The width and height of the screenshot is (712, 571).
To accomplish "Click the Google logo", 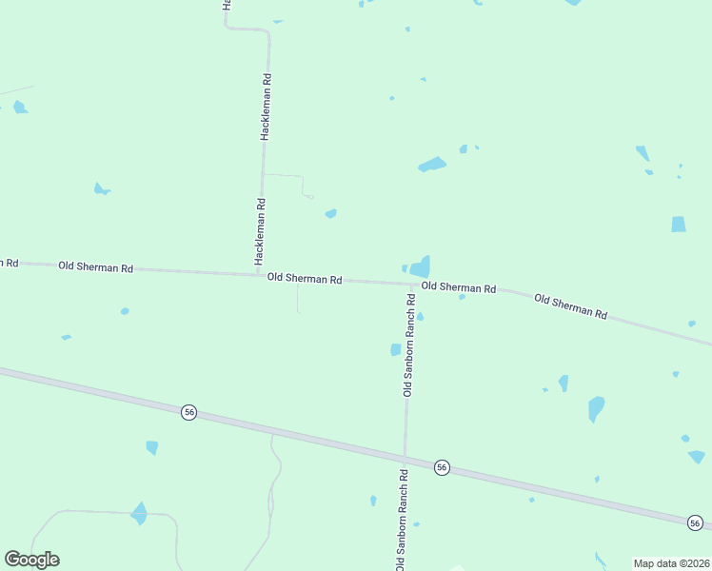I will coord(31,560).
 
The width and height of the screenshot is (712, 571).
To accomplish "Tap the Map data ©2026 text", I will coord(672,562).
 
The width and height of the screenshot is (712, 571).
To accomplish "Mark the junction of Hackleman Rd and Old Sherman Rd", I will coord(259,274).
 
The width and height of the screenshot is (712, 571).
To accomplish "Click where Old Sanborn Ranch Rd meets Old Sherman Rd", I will coord(412,284).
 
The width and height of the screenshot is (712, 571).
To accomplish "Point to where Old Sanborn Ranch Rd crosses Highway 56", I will coord(405,458).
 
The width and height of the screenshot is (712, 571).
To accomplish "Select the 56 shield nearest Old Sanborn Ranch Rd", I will coord(442,467).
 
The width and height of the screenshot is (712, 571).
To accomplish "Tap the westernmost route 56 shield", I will coord(189,412).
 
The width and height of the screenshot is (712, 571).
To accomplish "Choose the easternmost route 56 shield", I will coord(696,522).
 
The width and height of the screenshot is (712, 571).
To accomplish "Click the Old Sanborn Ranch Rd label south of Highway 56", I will coord(403,520).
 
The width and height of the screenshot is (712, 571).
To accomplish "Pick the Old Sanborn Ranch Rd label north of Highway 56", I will coord(409,345).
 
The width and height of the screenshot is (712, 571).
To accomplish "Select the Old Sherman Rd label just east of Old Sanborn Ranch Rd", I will coord(459,287).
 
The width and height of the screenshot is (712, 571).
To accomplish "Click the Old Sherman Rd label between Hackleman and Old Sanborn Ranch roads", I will coord(305,278).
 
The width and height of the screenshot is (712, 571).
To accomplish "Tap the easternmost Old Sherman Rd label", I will coord(571,305).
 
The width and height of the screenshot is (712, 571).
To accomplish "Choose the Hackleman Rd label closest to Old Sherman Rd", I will coord(259,230).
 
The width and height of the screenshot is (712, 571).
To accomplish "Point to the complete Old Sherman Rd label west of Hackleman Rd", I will coord(95,267).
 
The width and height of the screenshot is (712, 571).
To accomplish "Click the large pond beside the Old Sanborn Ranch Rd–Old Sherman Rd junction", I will coord(420,266).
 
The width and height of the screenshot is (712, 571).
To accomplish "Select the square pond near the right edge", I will coord(678,225).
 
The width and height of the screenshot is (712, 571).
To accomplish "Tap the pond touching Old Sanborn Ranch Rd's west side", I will coord(396,350).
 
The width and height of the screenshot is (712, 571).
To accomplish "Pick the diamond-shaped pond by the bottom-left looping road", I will coord(139,513).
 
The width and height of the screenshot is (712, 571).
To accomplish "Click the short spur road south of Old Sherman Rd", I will coord(298,299).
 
